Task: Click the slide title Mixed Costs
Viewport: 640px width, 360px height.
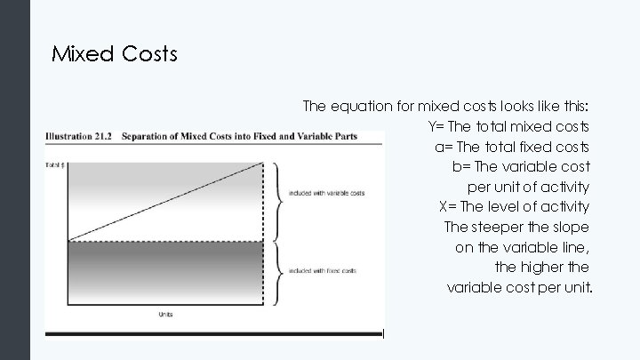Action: click(115, 54)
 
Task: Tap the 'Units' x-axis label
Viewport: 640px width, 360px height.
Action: click(166, 314)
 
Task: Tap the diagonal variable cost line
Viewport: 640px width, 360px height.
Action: click(165, 202)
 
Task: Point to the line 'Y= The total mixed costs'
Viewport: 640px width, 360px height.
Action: click(508, 125)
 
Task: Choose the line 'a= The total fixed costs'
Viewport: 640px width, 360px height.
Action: click(512, 146)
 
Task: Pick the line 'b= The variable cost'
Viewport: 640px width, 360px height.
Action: click(521, 166)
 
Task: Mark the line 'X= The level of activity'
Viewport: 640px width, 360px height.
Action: click(514, 207)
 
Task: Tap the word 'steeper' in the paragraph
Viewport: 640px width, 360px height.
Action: click(501, 228)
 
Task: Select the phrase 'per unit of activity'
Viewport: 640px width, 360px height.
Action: click(528, 187)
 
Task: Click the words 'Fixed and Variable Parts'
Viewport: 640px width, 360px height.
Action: click(306, 136)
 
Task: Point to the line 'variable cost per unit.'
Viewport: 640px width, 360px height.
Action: click(519, 288)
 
